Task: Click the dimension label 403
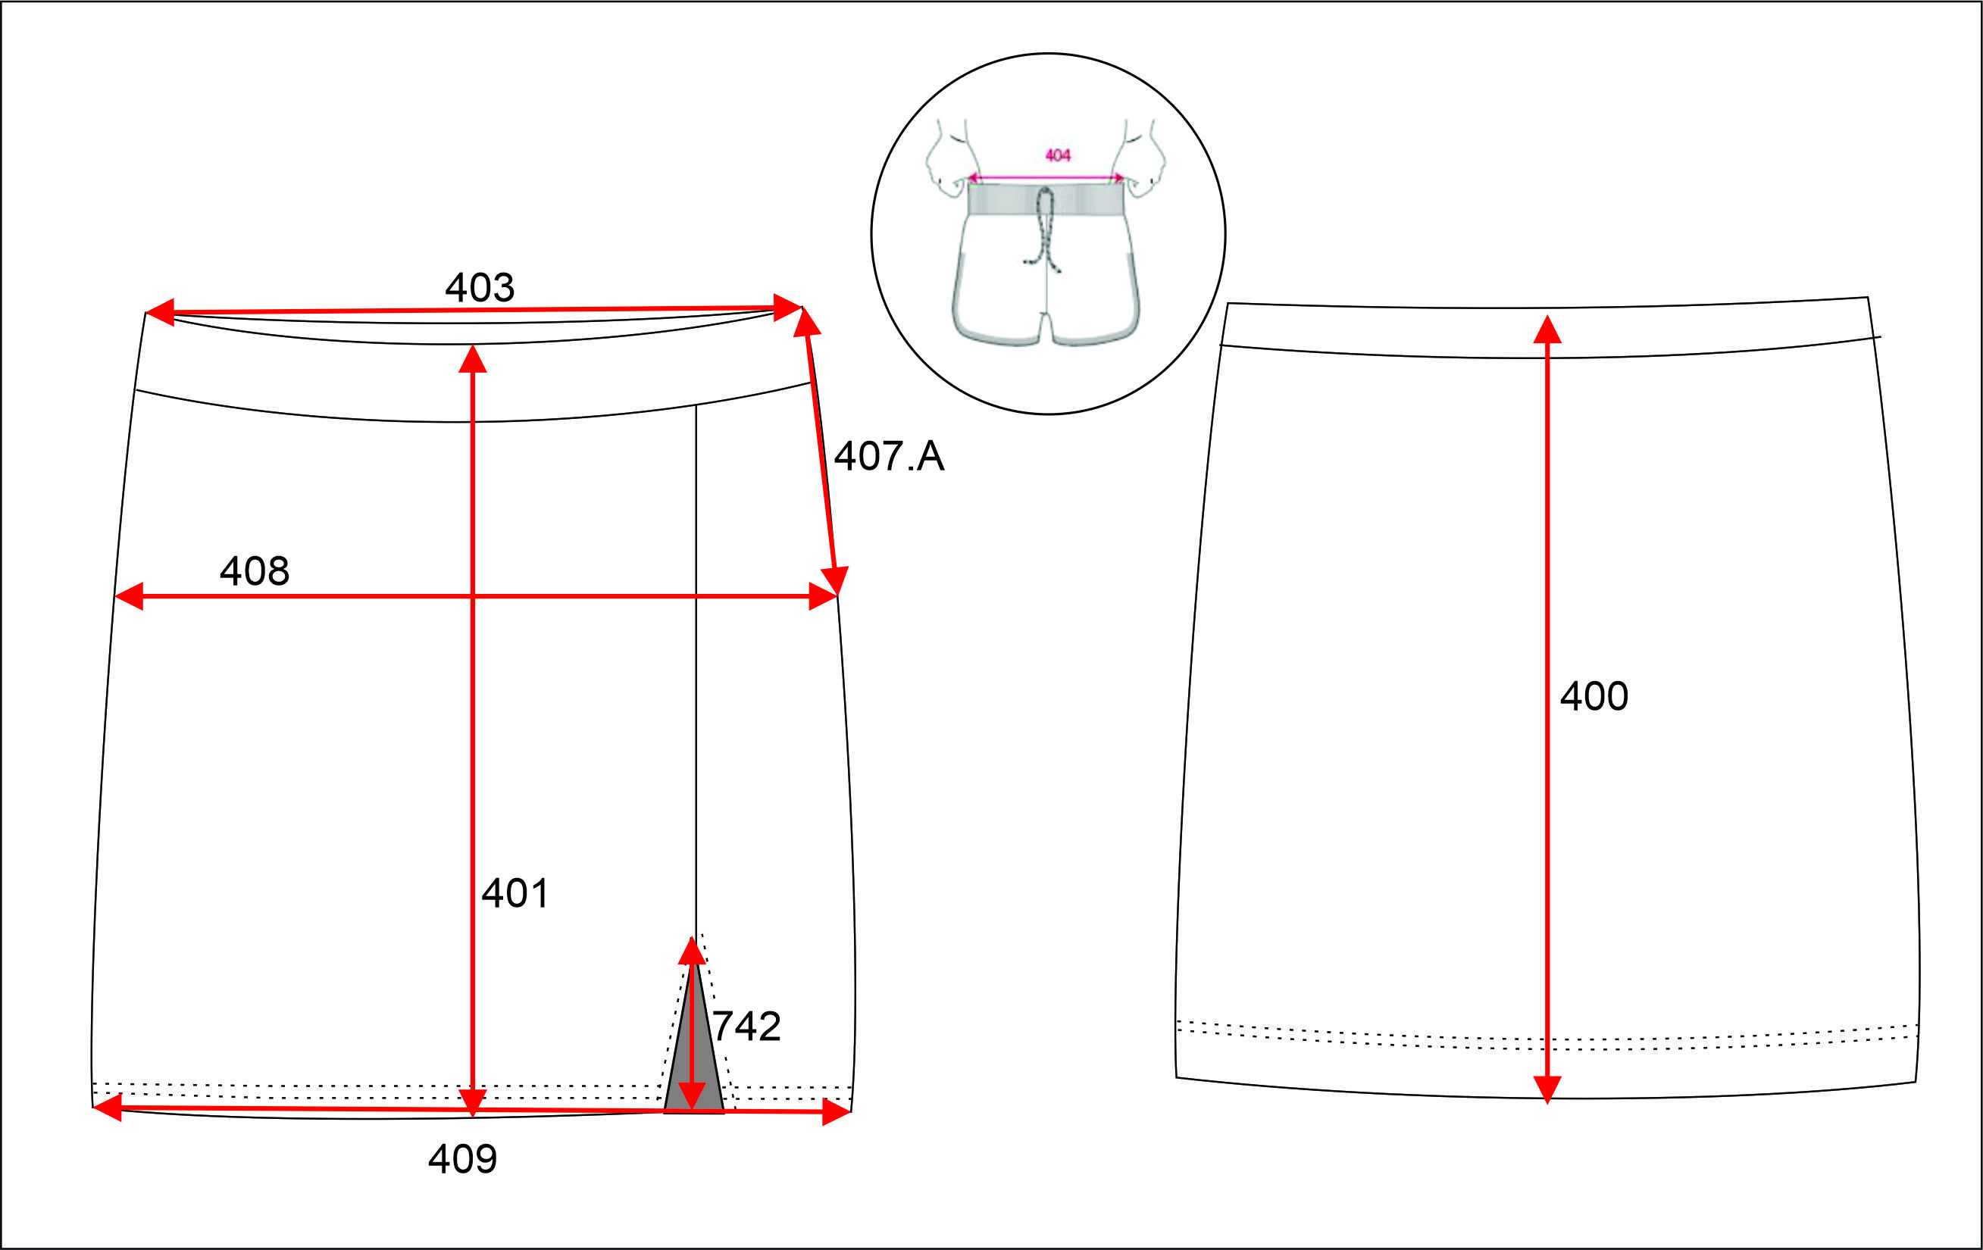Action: tap(480, 287)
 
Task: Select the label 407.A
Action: tap(889, 456)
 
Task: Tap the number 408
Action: tap(255, 570)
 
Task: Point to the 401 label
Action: tap(515, 893)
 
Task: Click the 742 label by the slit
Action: tap(746, 1027)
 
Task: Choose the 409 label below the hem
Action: tap(463, 1159)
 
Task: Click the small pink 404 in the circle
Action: tap(1057, 155)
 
